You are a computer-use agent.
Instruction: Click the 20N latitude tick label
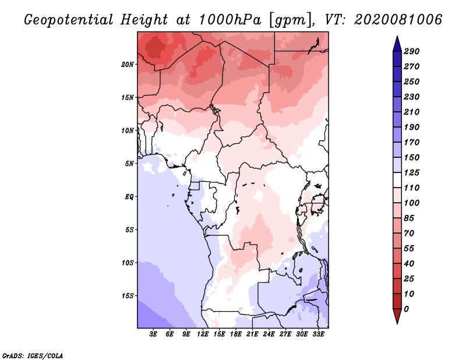128,64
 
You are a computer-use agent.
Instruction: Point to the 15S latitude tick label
128,295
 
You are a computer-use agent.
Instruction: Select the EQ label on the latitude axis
129,196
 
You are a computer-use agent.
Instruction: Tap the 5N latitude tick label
129,163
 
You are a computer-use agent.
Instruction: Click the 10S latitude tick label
128,263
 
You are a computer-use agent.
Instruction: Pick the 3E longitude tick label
154,334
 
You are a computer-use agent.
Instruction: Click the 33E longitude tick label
318,334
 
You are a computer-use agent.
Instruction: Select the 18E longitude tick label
236,334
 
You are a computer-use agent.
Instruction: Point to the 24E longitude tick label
269,334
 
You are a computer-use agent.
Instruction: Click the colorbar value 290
412,51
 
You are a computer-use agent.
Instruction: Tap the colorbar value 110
412,188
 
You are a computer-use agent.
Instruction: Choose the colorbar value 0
407,309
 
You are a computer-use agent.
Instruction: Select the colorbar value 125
412,172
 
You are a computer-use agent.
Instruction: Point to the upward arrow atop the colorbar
396,43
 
